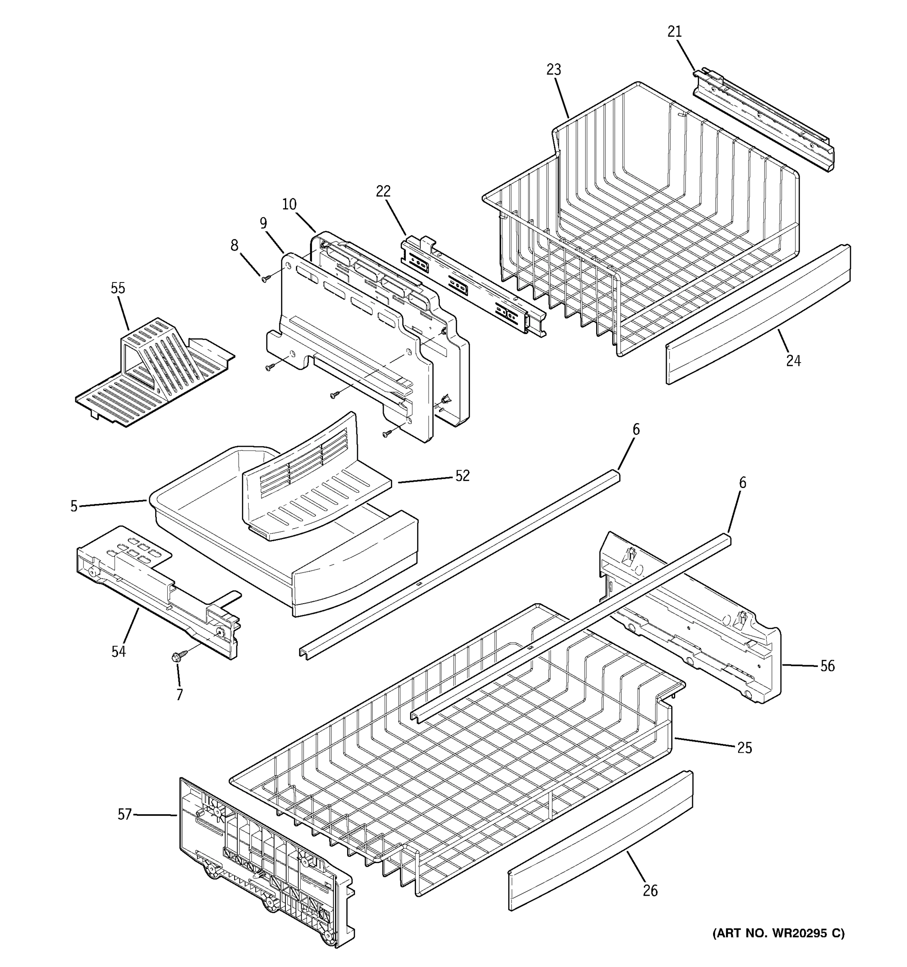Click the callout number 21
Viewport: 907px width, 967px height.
(x=674, y=31)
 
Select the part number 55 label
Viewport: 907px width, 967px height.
(x=118, y=288)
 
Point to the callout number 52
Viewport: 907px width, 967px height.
(x=462, y=476)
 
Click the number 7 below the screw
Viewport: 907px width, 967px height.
(x=179, y=695)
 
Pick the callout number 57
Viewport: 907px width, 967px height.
(x=125, y=814)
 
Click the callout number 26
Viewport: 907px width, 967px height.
(x=650, y=891)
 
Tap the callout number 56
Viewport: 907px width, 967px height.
(x=827, y=666)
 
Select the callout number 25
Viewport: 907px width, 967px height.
(x=745, y=748)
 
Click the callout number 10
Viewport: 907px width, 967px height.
(x=289, y=204)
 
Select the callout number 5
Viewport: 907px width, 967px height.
(x=73, y=506)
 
